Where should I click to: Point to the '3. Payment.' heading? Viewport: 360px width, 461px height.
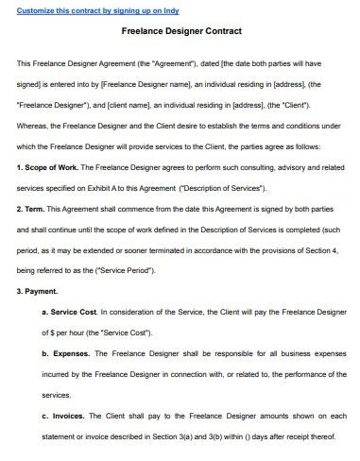pyautogui.click(x=38, y=292)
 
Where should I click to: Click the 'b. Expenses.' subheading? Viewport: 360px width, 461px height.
pyautogui.click(x=65, y=354)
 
